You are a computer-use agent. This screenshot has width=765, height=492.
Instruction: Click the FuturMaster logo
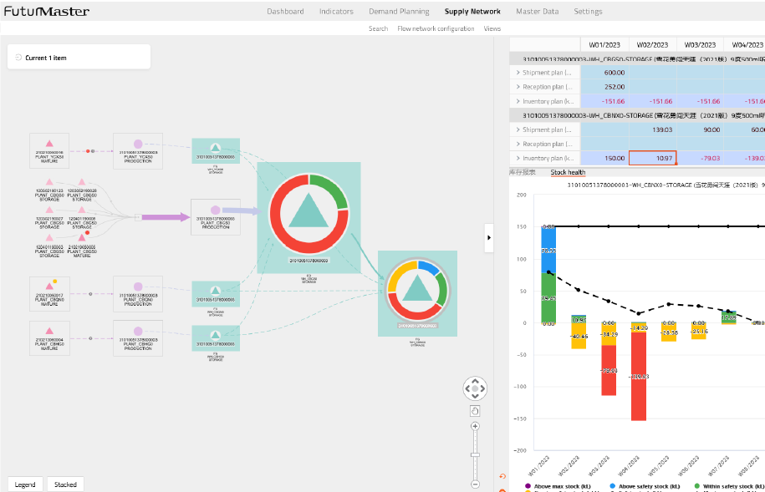click(47, 12)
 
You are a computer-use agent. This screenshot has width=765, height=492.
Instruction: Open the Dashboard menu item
click(285, 12)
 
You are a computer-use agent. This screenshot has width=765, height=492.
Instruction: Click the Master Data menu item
click(538, 12)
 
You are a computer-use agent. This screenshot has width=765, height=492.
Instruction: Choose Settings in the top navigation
click(588, 12)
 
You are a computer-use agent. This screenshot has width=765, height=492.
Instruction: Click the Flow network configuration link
click(436, 28)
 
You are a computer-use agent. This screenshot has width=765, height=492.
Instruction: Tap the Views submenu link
click(492, 28)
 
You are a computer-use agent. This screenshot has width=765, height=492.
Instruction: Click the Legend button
click(25, 484)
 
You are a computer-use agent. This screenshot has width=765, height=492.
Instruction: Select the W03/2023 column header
click(700, 44)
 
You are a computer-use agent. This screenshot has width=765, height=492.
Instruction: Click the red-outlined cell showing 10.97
click(652, 158)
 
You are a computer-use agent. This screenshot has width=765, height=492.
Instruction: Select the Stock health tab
click(568, 172)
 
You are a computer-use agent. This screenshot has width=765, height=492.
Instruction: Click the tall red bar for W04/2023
click(639, 376)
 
